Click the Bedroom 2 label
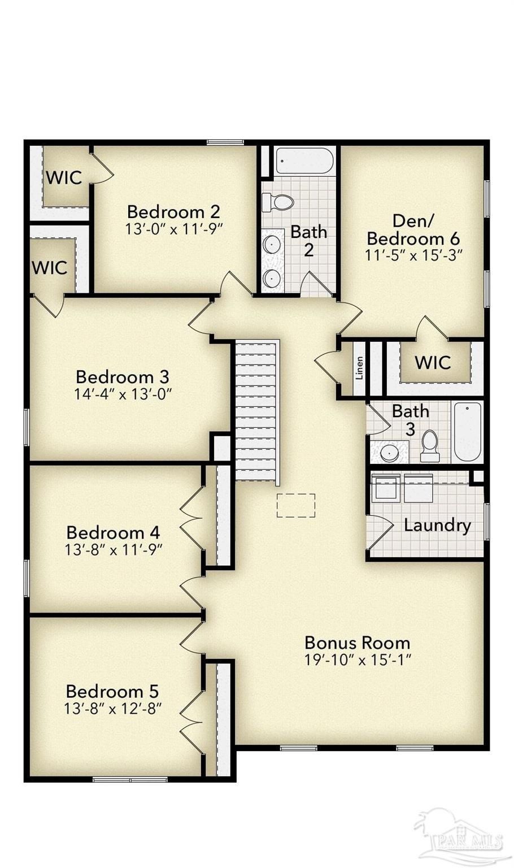coord(173,212)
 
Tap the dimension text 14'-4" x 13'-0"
coord(123,394)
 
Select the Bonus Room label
coord(357,643)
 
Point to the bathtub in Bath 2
coord(304,161)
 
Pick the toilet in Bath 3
coord(430,446)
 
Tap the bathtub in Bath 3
coord(468,432)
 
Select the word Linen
coord(360,367)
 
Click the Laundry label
coord(437,525)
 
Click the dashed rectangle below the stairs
coord(295,505)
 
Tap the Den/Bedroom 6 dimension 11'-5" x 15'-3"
coord(413,255)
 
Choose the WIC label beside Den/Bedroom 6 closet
coord(433,362)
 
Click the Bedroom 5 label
coord(112,691)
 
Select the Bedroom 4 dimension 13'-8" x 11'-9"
coord(114,549)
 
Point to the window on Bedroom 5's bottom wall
coord(130,780)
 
